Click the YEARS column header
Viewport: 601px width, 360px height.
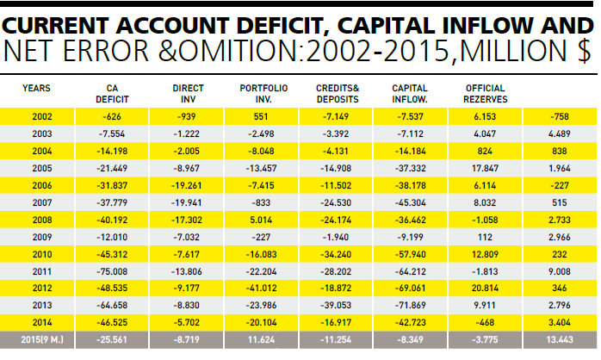(x=37, y=88)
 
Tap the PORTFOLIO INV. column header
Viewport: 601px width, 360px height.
(x=264, y=93)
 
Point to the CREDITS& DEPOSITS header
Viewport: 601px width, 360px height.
(x=338, y=93)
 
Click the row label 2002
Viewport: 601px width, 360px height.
(x=41, y=117)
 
